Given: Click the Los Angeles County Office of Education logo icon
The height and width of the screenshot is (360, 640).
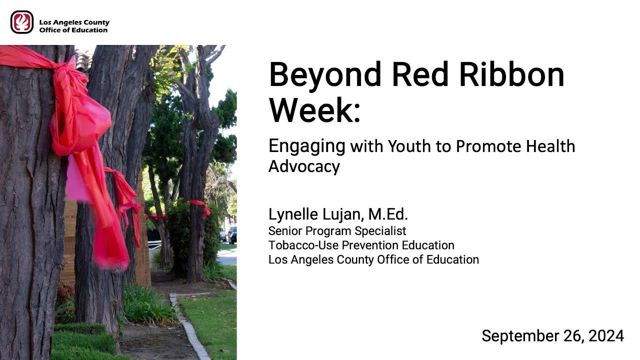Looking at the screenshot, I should point(22,22).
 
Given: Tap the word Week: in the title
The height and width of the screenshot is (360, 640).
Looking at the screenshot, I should point(314,110).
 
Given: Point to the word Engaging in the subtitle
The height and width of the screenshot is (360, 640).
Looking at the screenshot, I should point(306,147).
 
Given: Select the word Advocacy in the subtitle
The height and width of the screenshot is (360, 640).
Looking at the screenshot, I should point(304,166).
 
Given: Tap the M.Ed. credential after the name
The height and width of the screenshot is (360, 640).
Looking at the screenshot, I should point(388,214).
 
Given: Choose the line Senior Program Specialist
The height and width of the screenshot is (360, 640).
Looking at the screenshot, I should point(337,231).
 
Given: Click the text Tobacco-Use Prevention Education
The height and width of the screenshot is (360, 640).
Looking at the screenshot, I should point(361,245).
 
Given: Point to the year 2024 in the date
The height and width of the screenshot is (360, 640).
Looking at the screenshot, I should point(606,336).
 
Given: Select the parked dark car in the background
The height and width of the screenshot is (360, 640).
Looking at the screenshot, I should point(232,234).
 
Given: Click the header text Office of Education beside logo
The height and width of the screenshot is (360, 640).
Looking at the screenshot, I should point(73,30).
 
